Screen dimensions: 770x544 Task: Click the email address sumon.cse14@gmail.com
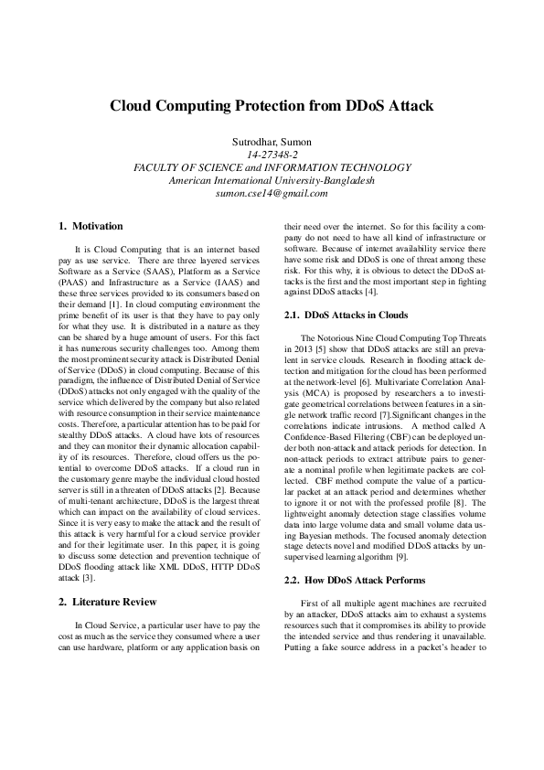point(272,193)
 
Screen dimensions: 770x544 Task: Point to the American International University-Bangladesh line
point(272,180)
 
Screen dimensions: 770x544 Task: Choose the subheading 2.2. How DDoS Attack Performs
point(356,581)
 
